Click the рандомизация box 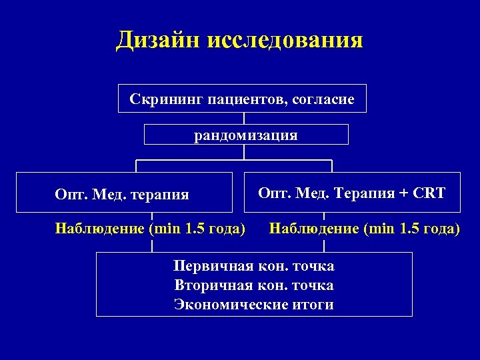tap(246, 135)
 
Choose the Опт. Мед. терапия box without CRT tap(123, 194)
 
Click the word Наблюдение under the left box tap(99, 229)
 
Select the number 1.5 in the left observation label tap(196, 229)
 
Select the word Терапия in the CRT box tap(361, 193)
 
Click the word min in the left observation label tap(167, 229)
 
